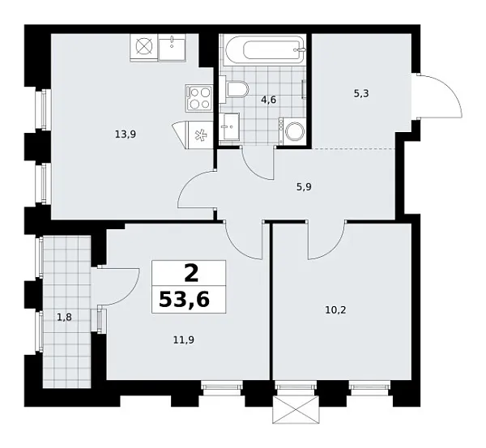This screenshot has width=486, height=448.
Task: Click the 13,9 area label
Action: [124, 134]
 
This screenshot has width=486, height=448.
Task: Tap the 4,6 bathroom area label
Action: [268, 100]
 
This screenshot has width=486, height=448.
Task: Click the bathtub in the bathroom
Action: [264, 50]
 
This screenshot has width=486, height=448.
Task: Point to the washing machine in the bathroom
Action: [292, 131]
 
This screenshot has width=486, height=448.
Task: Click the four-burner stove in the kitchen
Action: [199, 98]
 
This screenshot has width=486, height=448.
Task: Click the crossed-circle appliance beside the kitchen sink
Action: [145, 46]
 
